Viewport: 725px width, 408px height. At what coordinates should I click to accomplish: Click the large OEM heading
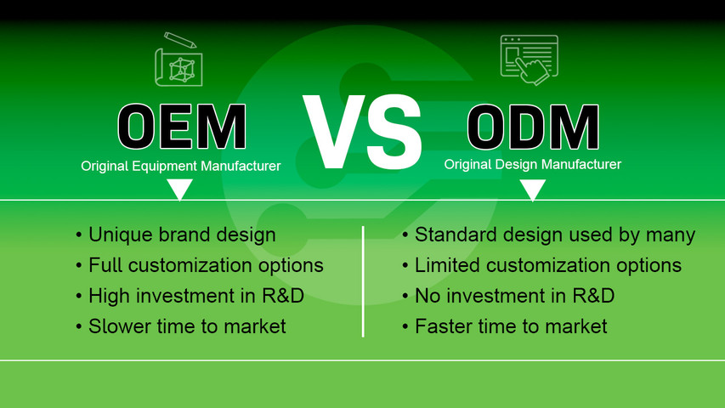(182, 127)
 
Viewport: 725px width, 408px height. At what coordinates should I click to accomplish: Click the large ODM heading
(533, 127)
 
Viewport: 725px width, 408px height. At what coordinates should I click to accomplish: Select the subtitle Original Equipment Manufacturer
(180, 167)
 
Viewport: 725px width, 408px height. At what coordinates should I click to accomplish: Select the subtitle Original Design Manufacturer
(533, 164)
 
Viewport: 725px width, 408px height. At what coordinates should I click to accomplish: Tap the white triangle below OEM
(179, 189)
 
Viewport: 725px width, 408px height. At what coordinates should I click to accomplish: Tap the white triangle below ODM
(532, 189)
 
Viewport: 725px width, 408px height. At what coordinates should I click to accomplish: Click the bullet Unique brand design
(182, 235)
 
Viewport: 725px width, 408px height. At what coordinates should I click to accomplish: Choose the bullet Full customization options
(205, 265)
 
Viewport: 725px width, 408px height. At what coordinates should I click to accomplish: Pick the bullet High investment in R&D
(195, 296)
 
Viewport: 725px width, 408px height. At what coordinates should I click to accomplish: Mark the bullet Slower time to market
(186, 326)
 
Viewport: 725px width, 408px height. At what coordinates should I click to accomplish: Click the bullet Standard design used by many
(554, 235)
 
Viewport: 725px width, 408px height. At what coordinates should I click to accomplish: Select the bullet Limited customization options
(547, 265)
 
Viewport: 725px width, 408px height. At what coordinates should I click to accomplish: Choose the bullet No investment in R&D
(513, 296)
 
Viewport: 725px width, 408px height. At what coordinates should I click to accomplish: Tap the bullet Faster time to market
(510, 326)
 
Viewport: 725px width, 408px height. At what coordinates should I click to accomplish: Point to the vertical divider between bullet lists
(363, 280)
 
